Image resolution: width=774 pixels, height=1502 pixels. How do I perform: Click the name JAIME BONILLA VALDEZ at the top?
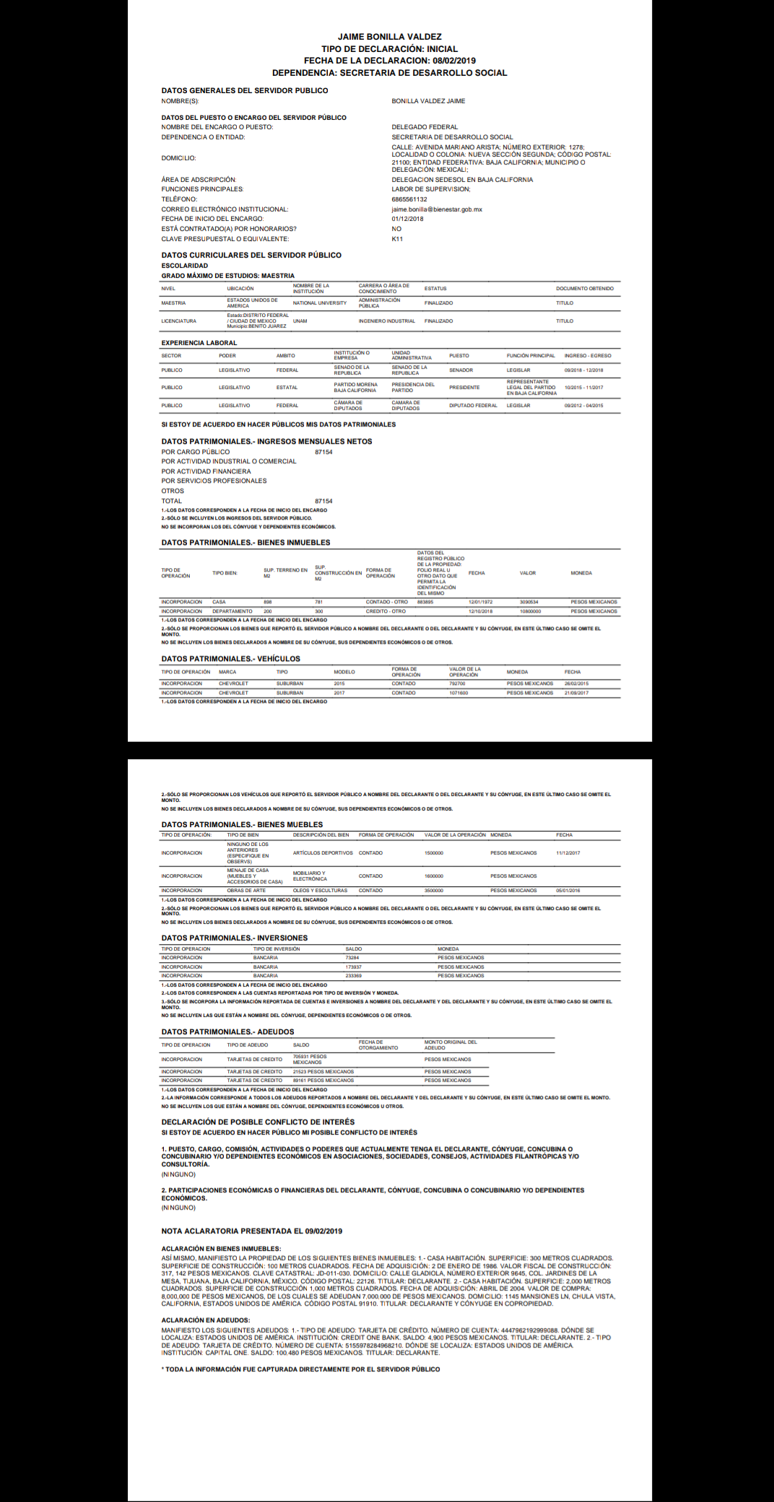[x=389, y=37]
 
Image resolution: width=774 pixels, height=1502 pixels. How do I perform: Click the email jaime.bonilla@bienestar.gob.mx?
[x=437, y=209]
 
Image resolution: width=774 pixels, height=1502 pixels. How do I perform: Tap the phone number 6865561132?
[x=409, y=199]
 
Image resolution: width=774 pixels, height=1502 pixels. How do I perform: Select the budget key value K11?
[x=397, y=239]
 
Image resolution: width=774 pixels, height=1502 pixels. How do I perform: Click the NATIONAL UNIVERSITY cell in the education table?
[x=319, y=303]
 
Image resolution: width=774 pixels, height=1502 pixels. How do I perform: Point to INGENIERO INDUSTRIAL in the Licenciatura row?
[x=386, y=321]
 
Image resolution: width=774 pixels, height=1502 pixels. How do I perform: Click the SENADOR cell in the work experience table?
[x=461, y=370]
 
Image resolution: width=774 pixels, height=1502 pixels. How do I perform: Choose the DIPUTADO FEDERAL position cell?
[x=473, y=406]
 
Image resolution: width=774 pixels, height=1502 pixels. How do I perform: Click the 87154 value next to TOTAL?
[x=323, y=501]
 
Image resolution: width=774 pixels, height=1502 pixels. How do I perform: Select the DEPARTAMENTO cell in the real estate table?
[x=232, y=611]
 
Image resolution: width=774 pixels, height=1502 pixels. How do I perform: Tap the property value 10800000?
[x=530, y=611]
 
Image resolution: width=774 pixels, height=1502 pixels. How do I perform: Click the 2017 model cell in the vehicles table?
[x=339, y=693]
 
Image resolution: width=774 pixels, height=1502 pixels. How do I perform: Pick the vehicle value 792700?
[x=457, y=684]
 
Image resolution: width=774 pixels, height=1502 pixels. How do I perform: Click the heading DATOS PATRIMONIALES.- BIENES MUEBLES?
[x=242, y=824]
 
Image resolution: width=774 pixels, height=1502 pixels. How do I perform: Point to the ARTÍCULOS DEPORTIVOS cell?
[x=323, y=853]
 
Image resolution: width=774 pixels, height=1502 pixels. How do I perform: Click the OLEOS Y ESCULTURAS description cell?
[x=320, y=891]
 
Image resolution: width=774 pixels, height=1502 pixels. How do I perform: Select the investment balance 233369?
[x=353, y=976]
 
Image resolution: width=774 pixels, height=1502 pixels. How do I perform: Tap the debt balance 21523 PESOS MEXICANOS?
[x=323, y=1072]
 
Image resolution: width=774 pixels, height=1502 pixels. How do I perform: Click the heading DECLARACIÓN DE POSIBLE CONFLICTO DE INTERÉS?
[x=258, y=1122]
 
